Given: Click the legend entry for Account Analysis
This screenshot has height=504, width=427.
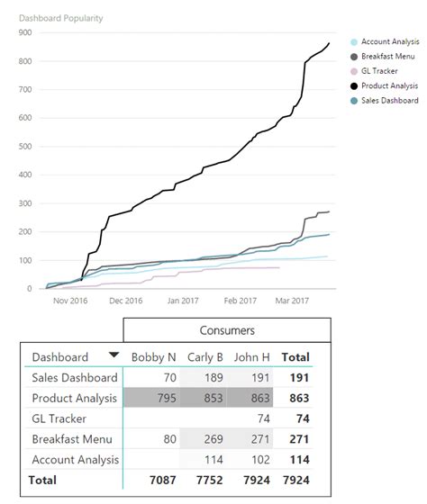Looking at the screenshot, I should [391, 41].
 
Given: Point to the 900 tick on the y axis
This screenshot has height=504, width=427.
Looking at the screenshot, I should [23, 32].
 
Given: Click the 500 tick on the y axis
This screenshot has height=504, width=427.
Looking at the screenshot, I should [23, 147].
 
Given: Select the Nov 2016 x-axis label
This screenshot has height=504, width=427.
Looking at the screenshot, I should [68, 301].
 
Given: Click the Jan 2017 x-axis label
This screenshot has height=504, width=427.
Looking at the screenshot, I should [183, 301].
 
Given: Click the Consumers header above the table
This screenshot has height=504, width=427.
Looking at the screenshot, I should [227, 331].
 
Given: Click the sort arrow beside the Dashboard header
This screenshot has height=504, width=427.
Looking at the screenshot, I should [114, 356].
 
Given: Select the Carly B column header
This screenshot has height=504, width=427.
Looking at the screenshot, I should [205, 357].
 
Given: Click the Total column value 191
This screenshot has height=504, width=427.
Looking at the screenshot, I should [298, 378].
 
